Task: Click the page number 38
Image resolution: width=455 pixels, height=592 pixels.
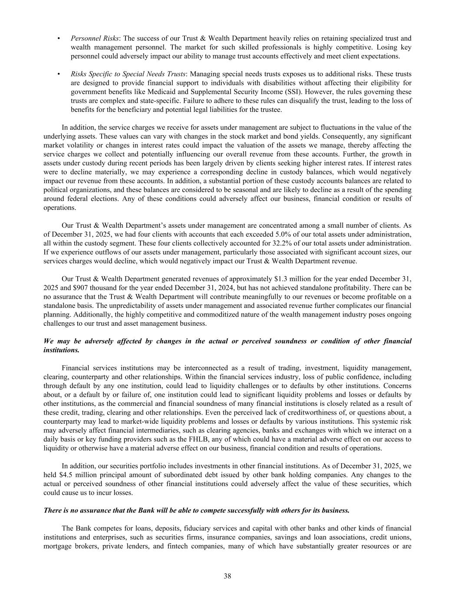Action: (x=227, y=576)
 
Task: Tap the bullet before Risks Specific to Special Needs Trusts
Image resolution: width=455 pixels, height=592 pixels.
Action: (x=58, y=74)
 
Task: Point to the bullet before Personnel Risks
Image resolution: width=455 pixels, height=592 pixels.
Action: (x=58, y=38)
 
